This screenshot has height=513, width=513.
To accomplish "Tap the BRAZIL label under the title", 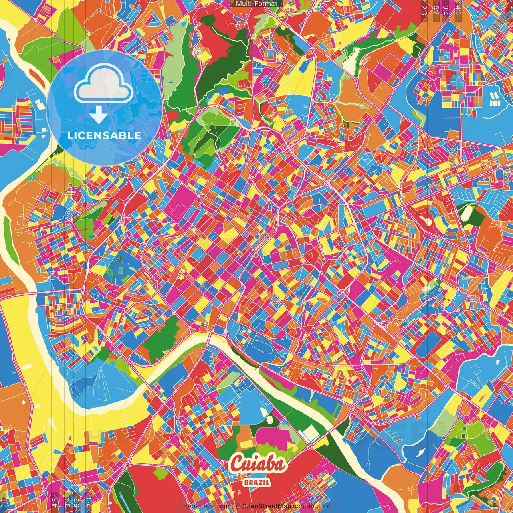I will click(256, 482).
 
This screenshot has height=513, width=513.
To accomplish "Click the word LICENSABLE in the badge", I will click(104, 135).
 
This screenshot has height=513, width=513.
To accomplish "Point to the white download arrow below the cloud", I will click(98, 115).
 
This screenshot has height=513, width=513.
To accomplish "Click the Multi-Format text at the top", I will click(256, 4).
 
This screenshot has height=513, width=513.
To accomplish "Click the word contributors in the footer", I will click(311, 506).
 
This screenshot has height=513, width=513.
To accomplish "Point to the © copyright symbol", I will click(238, 506).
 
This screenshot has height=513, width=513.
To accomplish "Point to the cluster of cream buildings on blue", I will click(495, 99).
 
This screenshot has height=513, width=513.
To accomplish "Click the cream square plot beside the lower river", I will click(311, 433).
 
